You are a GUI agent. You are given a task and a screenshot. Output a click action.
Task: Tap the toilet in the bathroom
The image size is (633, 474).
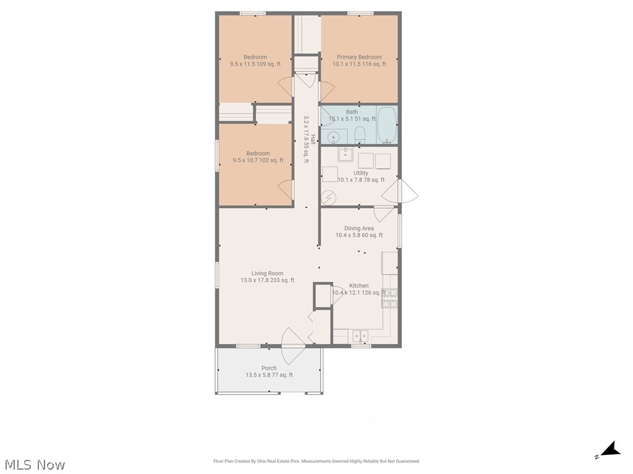361,135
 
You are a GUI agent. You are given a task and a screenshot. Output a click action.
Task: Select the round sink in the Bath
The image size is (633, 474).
334,136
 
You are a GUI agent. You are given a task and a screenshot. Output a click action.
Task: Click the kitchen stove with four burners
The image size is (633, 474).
389,298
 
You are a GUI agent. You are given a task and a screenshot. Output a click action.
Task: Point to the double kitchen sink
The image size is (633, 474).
360,336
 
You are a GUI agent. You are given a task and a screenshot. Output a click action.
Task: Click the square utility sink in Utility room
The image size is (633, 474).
345,154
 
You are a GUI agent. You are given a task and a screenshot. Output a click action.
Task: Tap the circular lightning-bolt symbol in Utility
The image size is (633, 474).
329,197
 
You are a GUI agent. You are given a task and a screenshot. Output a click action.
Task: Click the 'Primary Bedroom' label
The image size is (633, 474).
359,57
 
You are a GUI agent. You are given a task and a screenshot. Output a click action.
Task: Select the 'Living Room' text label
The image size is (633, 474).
267,273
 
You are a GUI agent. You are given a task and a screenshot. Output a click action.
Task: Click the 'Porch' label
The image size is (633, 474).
269,368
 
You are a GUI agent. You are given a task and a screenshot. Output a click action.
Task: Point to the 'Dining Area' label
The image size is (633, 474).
359,228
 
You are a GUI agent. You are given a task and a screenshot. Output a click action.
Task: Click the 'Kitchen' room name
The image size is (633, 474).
359,286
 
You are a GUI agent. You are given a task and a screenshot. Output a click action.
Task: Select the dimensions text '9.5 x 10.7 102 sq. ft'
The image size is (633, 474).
258,160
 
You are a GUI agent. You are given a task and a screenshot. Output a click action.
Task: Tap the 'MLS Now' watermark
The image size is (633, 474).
34,464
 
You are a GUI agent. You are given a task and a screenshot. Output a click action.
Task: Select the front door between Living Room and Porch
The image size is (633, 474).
293,346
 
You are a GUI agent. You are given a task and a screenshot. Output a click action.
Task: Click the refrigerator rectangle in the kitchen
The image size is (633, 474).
389,262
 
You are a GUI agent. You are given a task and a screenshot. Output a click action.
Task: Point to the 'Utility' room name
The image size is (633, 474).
361,173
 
